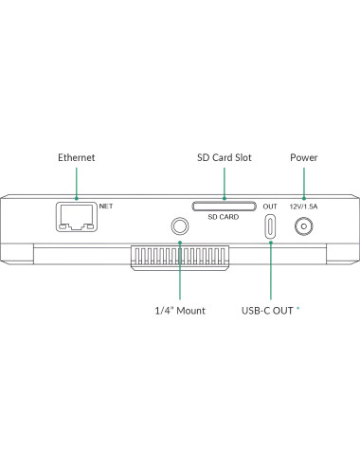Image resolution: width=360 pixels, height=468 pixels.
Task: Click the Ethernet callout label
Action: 76,157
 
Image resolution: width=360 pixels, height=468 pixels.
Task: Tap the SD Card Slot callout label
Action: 224,157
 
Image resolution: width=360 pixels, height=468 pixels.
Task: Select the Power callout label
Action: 303,157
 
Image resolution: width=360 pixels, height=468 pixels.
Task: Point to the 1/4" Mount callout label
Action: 179,310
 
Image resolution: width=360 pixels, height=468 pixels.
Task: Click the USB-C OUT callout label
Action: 268,310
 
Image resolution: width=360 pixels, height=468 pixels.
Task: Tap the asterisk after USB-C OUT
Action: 299,308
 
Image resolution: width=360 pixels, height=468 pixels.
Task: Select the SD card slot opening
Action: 224,205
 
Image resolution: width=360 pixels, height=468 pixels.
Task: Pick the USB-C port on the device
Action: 270,226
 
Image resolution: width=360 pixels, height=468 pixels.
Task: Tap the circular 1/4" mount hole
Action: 179,226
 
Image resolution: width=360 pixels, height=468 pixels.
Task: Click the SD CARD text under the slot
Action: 224,217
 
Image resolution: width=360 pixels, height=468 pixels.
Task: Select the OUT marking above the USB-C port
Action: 270,207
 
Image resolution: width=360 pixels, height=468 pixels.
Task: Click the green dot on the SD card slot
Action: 224,199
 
